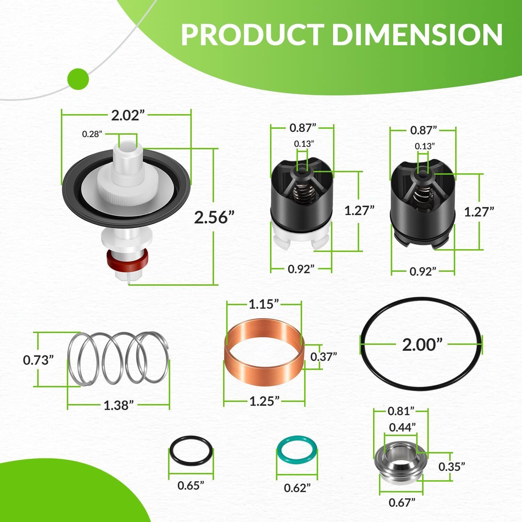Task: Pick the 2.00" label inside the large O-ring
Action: (x=422, y=345)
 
